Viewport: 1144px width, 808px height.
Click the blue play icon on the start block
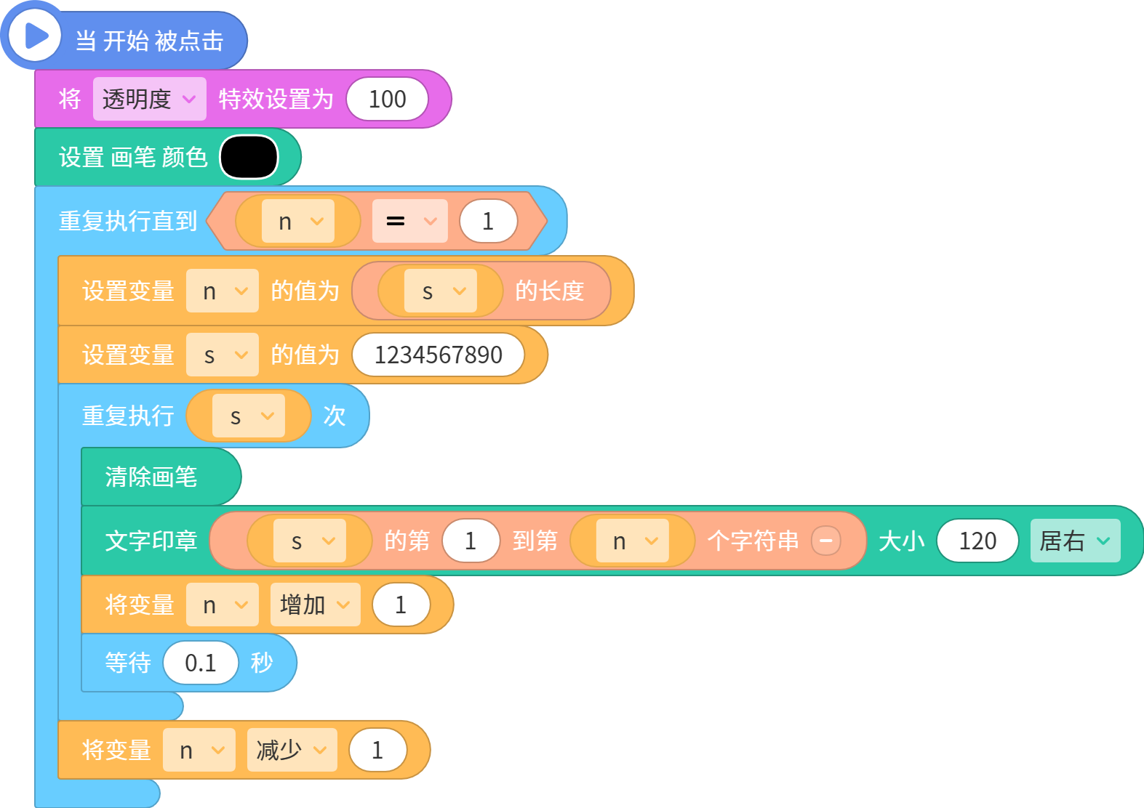tap(35, 36)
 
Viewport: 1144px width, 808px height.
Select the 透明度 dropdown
tap(150, 99)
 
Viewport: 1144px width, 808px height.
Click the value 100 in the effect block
tap(387, 99)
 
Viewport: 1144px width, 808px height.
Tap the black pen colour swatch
tap(249, 157)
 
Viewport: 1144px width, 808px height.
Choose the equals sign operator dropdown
tap(409, 221)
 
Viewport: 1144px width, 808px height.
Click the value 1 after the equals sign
tap(488, 221)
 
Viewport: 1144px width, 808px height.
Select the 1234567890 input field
tap(439, 355)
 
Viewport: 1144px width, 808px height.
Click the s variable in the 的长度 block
tap(440, 291)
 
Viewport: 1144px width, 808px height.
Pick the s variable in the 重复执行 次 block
tap(249, 416)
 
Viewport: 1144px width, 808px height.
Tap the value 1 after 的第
tap(471, 541)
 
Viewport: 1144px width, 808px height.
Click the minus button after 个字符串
tap(826, 541)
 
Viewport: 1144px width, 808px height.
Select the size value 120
tap(977, 541)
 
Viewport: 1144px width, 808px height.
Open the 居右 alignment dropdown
tap(1076, 541)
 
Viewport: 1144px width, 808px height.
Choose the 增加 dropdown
tap(315, 605)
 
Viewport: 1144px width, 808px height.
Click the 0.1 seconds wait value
tap(201, 663)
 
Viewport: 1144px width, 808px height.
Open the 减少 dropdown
tap(292, 750)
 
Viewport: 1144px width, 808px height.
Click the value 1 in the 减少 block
tap(378, 750)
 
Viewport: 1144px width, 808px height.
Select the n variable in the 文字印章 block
tap(632, 541)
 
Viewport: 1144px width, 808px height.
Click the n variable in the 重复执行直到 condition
tap(297, 221)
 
